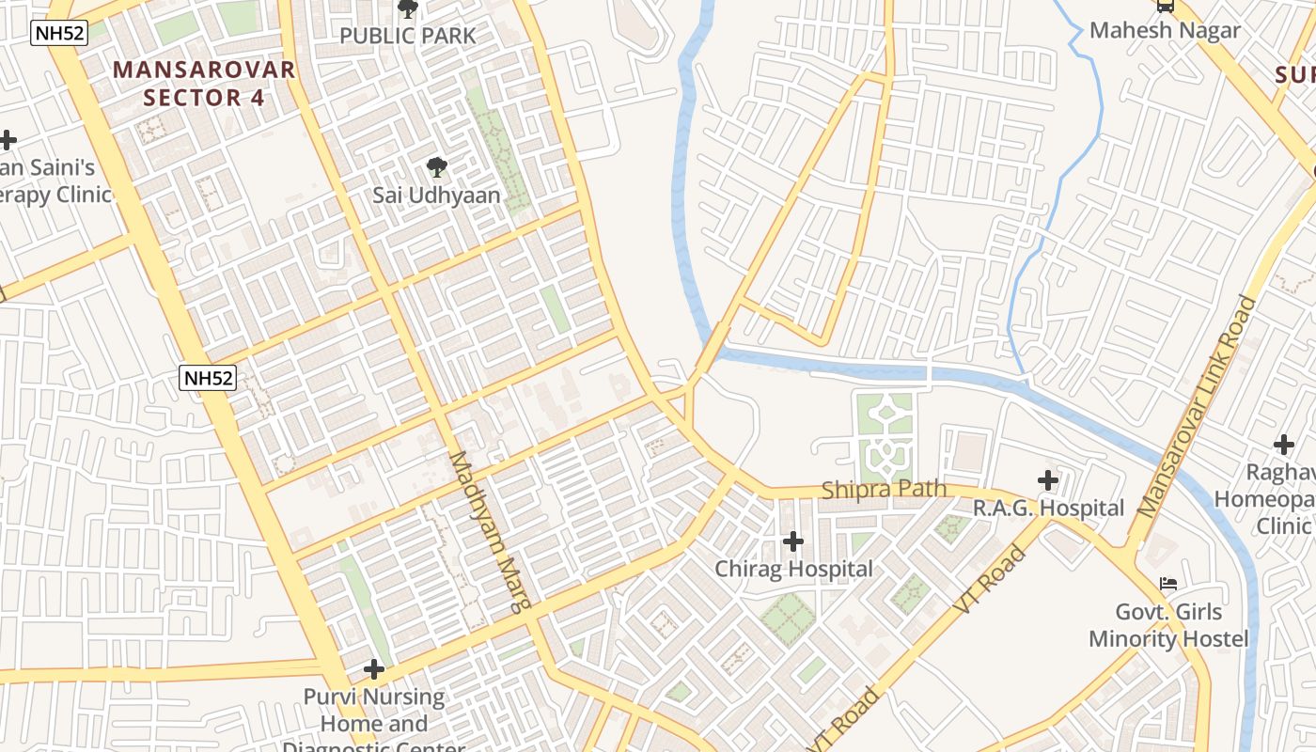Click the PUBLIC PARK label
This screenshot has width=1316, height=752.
(x=408, y=36)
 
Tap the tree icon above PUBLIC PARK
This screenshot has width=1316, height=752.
(x=408, y=9)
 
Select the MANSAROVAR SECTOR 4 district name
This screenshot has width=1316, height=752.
(x=205, y=83)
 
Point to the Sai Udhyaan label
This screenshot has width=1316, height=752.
(x=436, y=196)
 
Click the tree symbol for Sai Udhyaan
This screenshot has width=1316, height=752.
(x=436, y=168)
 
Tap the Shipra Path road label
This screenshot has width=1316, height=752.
(x=883, y=490)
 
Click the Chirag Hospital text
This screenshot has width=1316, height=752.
(x=793, y=569)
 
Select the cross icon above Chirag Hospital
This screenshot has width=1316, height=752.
(x=793, y=541)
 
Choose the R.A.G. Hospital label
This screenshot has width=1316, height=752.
(x=1048, y=509)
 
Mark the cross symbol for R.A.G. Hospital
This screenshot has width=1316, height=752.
(x=1048, y=481)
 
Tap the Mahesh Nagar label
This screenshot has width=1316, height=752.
(x=1165, y=30)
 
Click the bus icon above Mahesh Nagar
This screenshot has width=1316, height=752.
(x=1166, y=6)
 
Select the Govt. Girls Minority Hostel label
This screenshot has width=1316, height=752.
(x=1168, y=625)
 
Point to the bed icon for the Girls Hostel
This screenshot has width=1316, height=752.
(x=1168, y=584)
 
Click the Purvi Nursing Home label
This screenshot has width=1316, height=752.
(x=374, y=711)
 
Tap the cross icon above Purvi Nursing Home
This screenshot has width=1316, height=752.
(x=374, y=669)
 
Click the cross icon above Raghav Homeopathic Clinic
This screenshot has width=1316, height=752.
(x=1283, y=445)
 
